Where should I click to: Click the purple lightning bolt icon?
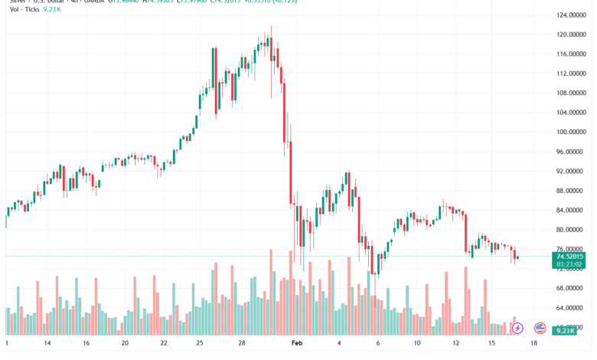(x=517, y=329)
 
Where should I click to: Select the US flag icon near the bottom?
(x=540, y=329)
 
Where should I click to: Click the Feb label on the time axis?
(x=297, y=345)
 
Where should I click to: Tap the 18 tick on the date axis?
(x=534, y=345)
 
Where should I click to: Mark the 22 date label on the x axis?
(x=163, y=345)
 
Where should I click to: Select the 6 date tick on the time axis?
(x=377, y=345)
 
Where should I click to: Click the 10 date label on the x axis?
(x=416, y=345)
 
